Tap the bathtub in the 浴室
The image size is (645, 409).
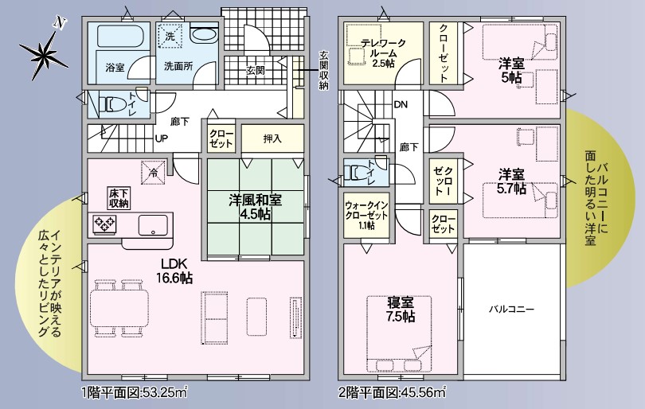coord(119,37)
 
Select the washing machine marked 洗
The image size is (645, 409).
coord(170,36)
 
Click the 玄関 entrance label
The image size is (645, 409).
coord(255,71)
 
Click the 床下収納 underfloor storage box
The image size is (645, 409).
coord(119,197)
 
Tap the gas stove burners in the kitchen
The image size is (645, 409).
coord(105,225)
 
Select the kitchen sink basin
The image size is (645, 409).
coord(153,225)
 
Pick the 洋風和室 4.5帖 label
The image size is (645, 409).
coord(255,207)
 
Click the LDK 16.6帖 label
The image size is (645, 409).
coord(174,271)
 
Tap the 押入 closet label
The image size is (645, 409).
coord(272,138)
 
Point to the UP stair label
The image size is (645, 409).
coord(161,138)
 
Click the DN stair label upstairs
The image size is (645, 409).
coord(401,104)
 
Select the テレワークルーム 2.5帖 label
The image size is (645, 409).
coord(383,53)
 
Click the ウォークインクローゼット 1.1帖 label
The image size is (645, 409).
coord(366,215)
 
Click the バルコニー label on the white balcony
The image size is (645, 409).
coord(511,309)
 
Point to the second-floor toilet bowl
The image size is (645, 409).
coord(357,173)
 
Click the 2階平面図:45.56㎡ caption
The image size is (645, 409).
coord(393,392)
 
